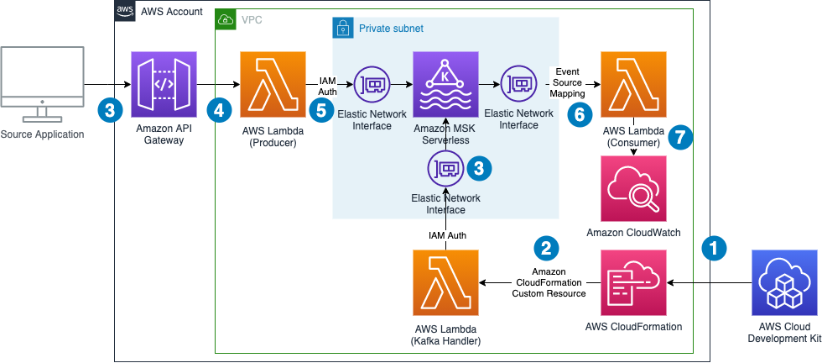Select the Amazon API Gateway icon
164,84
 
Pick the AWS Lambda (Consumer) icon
633,84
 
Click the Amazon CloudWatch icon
633,188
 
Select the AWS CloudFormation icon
633,282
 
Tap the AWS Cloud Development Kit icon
786,282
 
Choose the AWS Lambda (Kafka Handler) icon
445,282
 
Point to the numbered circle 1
714,248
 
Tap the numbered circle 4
220,109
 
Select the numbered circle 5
320,109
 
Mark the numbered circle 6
578,116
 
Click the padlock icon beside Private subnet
341,28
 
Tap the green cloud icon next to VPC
225,18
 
